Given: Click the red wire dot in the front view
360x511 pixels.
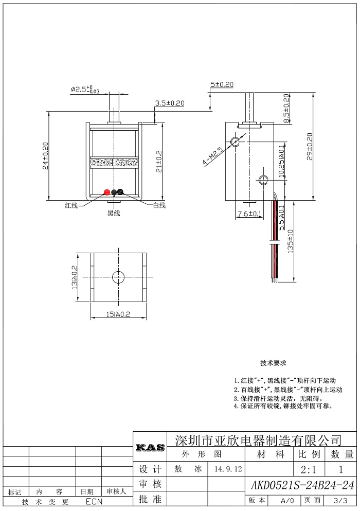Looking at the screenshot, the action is pyautogui.click(x=107, y=192).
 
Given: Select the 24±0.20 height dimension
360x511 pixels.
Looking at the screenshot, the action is pyautogui.click(x=45, y=155).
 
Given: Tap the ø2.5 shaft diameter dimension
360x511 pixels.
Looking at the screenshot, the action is pyautogui.click(x=85, y=90).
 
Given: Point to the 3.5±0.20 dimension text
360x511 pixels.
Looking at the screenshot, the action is pyautogui.click(x=169, y=103).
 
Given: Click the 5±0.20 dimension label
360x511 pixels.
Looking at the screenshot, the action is pyautogui.click(x=222, y=84).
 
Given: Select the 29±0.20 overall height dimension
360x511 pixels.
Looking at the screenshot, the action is pyautogui.click(x=310, y=146).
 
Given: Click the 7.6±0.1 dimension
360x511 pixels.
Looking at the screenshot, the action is pyautogui.click(x=249, y=214).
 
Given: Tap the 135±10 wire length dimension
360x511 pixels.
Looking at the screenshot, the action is pyautogui.click(x=290, y=241).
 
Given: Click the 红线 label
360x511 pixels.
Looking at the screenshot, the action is pyautogui.click(x=71, y=205).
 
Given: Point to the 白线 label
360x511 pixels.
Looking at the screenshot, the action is pyautogui.click(x=159, y=205).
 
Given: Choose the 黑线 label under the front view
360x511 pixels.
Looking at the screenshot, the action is pyautogui.click(x=114, y=213).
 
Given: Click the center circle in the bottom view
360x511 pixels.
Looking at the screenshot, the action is pyautogui.click(x=118, y=277).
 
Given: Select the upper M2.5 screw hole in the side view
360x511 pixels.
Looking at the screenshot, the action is pyautogui.click(x=235, y=142).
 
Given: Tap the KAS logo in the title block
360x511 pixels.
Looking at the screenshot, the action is pyautogui.click(x=150, y=448).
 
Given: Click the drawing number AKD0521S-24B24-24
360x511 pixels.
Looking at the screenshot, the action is pyautogui.click(x=302, y=485).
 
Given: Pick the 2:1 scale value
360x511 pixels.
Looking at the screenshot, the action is pyautogui.click(x=308, y=470).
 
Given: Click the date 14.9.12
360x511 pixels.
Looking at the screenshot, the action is pyautogui.click(x=228, y=469).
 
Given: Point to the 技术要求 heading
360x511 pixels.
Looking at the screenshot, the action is pyautogui.click(x=273, y=363).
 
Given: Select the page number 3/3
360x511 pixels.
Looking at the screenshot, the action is pyautogui.click(x=340, y=500).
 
